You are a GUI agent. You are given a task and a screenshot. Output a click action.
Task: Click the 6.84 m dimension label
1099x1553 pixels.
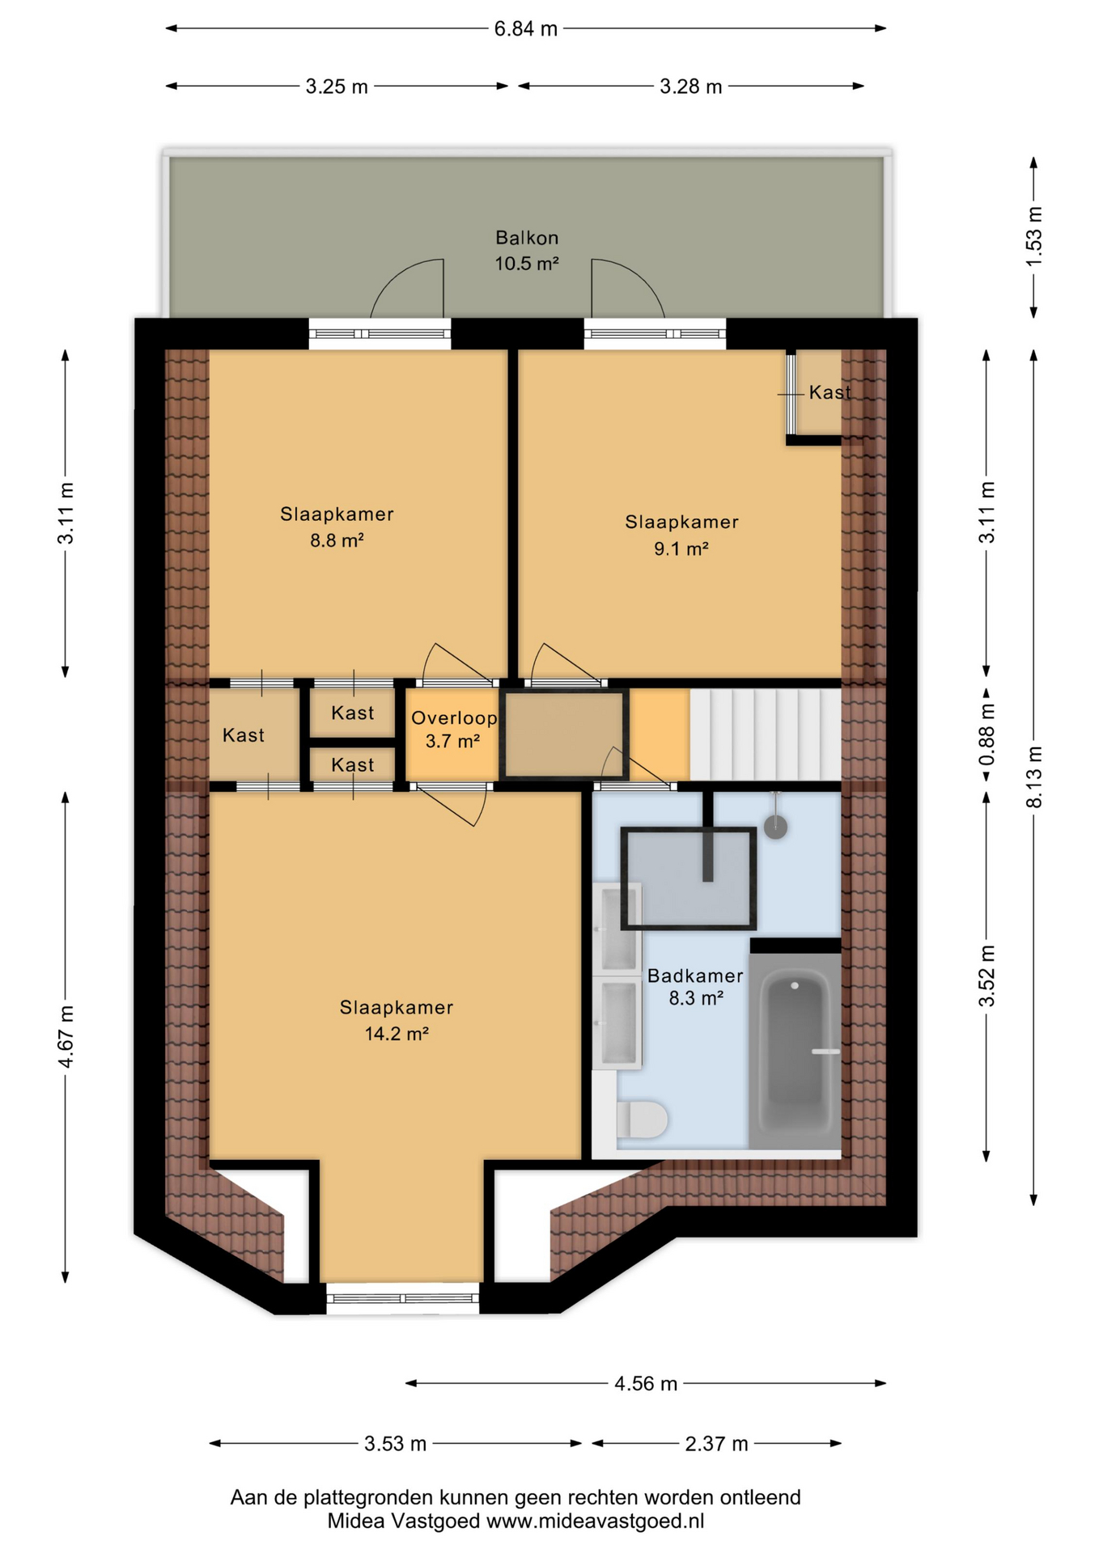(x=525, y=29)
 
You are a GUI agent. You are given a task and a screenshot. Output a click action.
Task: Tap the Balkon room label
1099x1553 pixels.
(x=527, y=238)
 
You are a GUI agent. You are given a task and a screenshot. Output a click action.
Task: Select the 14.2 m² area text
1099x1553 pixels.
(x=396, y=1034)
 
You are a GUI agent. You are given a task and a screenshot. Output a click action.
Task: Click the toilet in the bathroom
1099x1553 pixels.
(x=642, y=1119)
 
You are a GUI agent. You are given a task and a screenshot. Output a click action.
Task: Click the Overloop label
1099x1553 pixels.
(x=454, y=718)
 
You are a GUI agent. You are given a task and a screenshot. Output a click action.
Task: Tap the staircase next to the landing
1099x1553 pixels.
(x=765, y=734)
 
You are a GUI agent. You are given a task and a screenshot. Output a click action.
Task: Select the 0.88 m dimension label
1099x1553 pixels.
(x=987, y=734)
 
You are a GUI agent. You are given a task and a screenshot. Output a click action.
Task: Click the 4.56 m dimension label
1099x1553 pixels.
(x=645, y=1384)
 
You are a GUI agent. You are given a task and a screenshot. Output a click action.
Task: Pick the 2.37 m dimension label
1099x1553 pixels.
(x=716, y=1444)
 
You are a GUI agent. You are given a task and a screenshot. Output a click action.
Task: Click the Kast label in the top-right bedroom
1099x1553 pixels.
(x=830, y=392)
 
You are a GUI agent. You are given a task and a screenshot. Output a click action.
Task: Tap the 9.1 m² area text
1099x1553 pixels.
(x=681, y=549)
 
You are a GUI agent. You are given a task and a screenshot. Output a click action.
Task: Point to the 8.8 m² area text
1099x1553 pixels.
(x=337, y=540)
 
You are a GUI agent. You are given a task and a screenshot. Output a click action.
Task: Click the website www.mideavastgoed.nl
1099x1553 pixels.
(x=595, y=1521)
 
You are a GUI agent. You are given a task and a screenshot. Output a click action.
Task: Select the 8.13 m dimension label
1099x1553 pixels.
(x=1034, y=776)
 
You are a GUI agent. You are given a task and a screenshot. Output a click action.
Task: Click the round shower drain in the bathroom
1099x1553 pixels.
(x=776, y=827)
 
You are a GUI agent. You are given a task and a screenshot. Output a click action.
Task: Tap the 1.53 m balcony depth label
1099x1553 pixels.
(x=1034, y=236)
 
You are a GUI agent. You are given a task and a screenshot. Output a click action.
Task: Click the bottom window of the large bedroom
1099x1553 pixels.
(x=402, y=1298)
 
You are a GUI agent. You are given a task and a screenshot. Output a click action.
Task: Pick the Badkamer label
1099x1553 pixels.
(x=695, y=976)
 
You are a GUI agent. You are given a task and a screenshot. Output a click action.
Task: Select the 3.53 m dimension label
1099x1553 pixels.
(x=395, y=1444)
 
